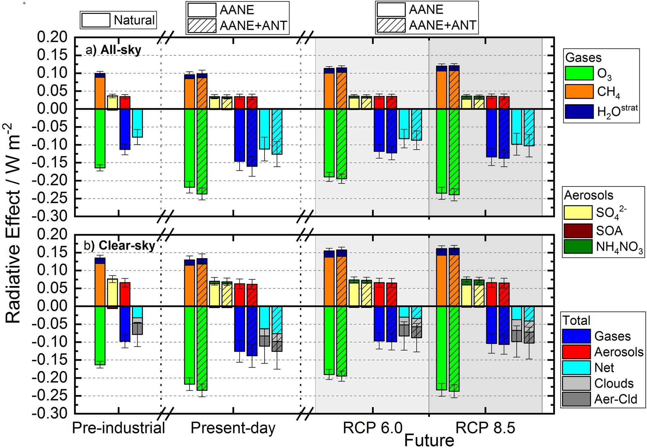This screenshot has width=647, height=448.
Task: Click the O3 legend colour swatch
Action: tap(579, 73)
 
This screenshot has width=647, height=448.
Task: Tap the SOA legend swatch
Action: tap(578, 231)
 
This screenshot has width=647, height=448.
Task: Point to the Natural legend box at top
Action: tap(118, 20)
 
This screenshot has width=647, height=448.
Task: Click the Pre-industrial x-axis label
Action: tap(118, 428)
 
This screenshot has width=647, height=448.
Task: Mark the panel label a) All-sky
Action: tap(113, 50)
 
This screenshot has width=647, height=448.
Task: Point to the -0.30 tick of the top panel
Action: tap(52, 216)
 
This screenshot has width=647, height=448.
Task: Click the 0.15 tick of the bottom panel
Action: tap(52, 252)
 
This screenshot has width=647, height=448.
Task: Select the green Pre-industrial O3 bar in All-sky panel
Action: tap(100, 138)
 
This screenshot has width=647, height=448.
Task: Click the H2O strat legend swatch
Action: tap(579, 111)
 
